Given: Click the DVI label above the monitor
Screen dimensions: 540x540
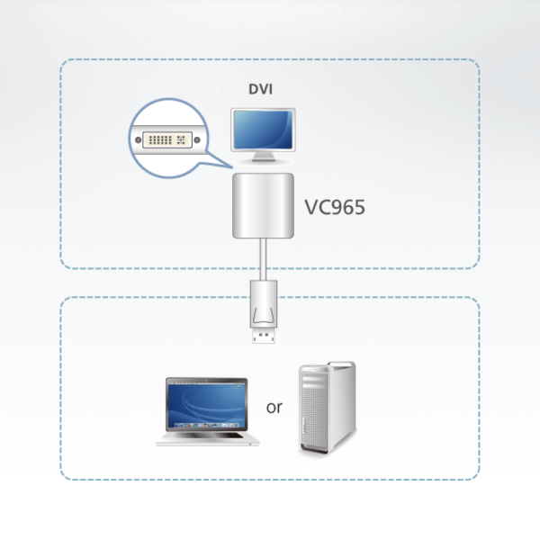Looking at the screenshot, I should pos(262,89).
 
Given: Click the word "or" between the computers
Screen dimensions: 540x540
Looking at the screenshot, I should pos(274,408).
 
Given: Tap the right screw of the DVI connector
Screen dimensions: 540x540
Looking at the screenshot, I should pos(188,140).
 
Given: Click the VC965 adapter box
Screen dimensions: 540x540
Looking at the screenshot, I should pos(263,208).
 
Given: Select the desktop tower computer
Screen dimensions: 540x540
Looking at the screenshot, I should pos(327,410).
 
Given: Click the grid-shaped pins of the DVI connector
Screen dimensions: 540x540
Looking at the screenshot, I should pos(166,140).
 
